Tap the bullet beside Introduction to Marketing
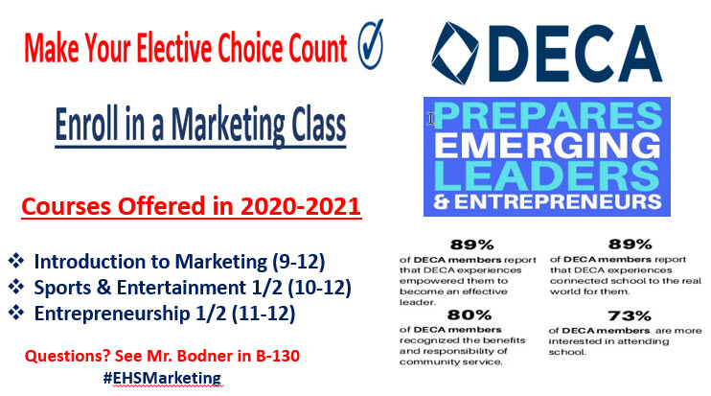coord(16,262)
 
